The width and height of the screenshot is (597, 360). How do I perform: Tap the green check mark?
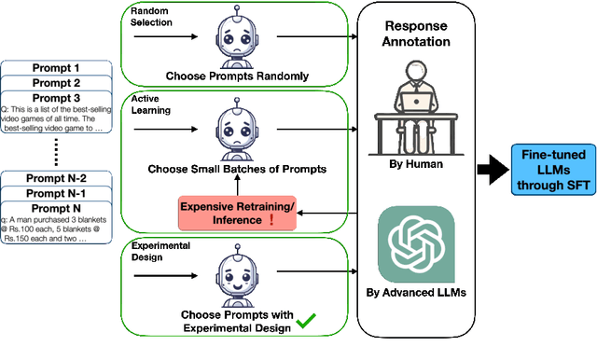pyautogui.click(x=305, y=322)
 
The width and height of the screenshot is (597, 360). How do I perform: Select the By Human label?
pyautogui.click(x=417, y=164)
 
